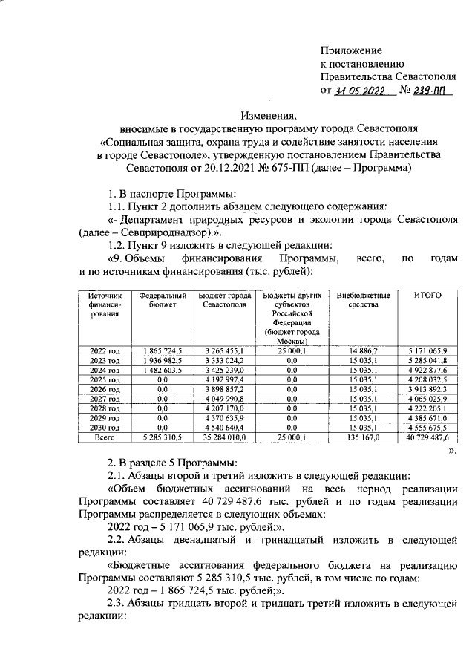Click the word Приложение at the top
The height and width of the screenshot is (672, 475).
pos(351,50)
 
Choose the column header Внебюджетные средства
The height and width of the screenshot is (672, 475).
pos(362,300)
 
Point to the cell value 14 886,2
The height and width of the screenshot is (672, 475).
pos(364,349)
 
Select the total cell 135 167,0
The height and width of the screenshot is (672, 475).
pos(364,438)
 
